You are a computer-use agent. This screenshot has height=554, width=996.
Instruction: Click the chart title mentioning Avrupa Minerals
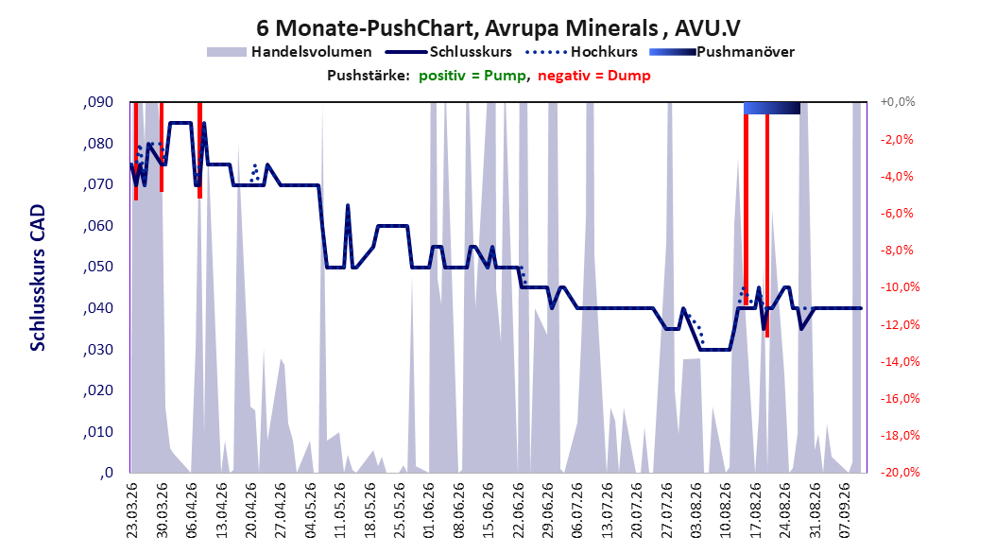click(498, 28)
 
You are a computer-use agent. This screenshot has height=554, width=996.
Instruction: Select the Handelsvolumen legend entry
click(290, 52)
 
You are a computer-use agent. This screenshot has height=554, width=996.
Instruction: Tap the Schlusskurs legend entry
click(449, 52)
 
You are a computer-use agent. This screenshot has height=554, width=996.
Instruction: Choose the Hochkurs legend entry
click(581, 52)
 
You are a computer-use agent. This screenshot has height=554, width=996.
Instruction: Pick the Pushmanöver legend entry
click(722, 52)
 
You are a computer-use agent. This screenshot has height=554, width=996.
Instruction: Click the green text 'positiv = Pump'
click(472, 76)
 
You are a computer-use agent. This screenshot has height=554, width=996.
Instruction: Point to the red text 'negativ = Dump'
click(594, 76)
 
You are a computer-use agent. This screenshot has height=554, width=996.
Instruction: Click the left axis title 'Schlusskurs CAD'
click(38, 278)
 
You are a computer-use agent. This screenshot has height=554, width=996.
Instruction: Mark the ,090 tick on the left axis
click(98, 102)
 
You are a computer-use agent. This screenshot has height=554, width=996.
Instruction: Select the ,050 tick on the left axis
click(98, 267)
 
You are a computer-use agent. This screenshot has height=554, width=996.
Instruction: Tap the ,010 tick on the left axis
click(98, 432)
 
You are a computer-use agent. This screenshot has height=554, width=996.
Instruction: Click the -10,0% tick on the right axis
click(900, 287)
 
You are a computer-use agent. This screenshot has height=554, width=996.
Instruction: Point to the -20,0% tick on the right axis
click(900, 472)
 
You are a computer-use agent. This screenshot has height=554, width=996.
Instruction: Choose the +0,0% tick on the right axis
click(898, 102)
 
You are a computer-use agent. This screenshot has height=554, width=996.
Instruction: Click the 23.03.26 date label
click(132, 511)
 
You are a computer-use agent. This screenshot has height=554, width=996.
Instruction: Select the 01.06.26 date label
click(429, 511)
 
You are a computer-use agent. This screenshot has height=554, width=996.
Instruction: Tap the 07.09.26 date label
click(844, 511)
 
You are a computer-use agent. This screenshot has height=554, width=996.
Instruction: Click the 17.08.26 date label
click(755, 511)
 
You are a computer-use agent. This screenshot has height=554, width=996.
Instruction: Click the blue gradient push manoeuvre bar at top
click(772, 108)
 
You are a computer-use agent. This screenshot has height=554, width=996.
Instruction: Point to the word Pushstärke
click(369, 76)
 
